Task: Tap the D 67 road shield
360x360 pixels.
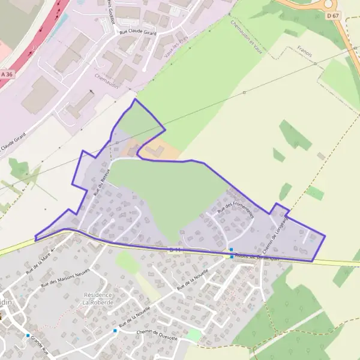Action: coord(333,15)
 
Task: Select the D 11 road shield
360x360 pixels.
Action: coord(175,249)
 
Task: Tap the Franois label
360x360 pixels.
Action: coord(304,53)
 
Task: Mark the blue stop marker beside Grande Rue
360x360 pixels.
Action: coord(28,335)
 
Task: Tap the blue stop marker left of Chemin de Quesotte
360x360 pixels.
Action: coord(115,331)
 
